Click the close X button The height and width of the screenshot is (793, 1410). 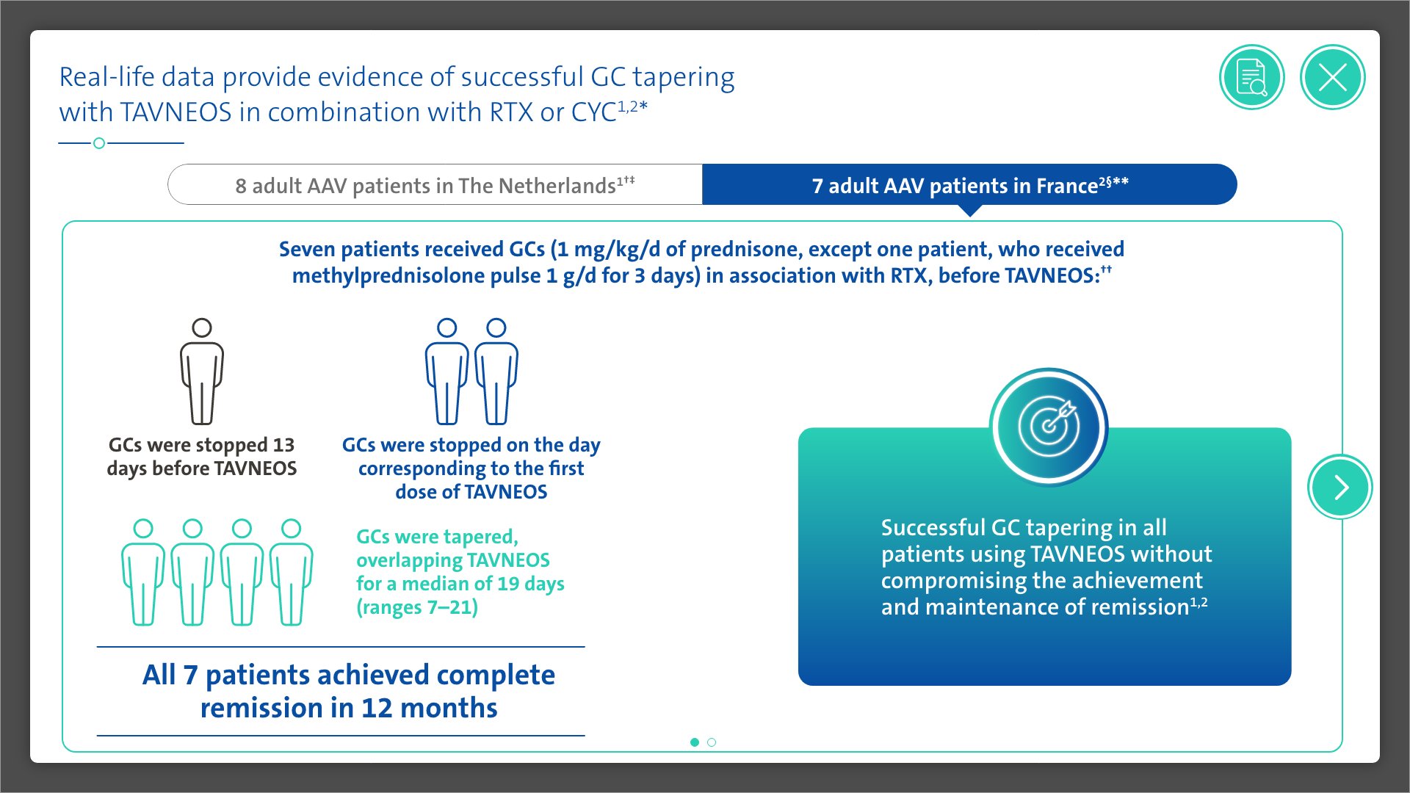click(x=1332, y=77)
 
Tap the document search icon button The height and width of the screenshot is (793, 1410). click(x=1252, y=77)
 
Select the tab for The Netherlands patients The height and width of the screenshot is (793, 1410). click(x=435, y=184)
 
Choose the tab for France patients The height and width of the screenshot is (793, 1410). click(x=969, y=184)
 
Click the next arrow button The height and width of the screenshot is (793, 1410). click(x=1340, y=487)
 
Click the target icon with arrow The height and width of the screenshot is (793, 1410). click(x=1049, y=427)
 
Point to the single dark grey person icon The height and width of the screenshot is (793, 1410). click(x=202, y=372)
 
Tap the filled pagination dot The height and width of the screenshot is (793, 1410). click(x=695, y=742)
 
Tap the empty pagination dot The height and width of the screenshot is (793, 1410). click(x=712, y=742)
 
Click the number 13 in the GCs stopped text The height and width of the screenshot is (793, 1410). click(x=283, y=445)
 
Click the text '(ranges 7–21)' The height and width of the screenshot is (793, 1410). click(x=417, y=608)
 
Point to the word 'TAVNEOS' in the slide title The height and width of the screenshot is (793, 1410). click(x=176, y=112)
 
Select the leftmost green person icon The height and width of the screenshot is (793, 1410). click(x=143, y=572)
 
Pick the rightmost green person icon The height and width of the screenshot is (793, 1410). click(x=292, y=572)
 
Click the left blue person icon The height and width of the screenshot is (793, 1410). click(x=446, y=372)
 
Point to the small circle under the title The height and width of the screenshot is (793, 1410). click(x=99, y=143)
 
